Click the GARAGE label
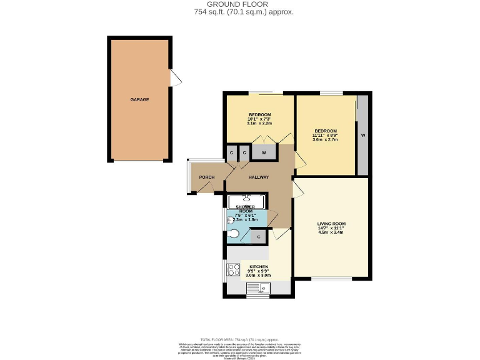(x=139, y=99)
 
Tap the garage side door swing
(x=176, y=78)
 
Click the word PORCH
(x=207, y=177)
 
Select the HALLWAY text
(x=258, y=177)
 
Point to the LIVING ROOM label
(x=331, y=223)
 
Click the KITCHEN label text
(x=259, y=267)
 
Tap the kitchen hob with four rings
(x=234, y=270)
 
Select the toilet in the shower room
(x=232, y=234)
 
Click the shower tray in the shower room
(x=246, y=201)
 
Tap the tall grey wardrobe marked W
(x=362, y=135)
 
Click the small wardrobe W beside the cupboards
(x=264, y=152)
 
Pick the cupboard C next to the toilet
(x=259, y=237)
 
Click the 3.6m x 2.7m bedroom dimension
(x=325, y=140)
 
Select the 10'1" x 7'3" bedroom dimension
(x=259, y=119)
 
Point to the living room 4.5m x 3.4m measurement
(x=331, y=233)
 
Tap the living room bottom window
(x=331, y=279)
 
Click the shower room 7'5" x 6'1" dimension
(x=246, y=215)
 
